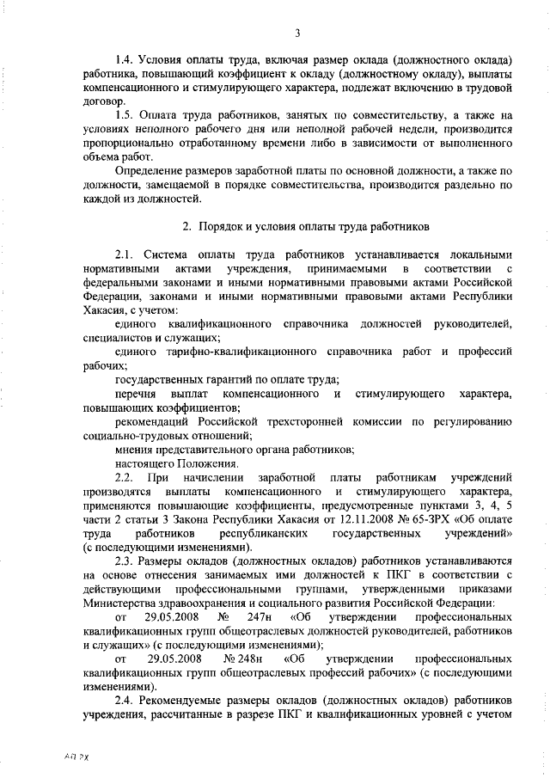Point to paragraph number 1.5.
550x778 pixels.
pos(124,114)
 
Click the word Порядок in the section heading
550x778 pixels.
pos(221,226)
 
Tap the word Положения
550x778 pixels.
pos(205,463)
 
